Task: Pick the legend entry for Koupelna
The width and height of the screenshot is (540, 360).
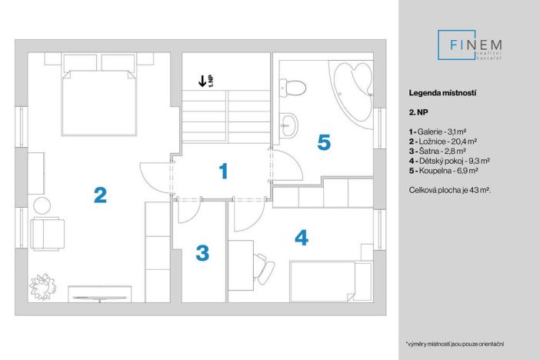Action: click(x=445, y=171)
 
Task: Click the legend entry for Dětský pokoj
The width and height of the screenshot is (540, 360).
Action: click(x=449, y=162)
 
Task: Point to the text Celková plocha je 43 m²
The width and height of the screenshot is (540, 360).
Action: click(x=450, y=188)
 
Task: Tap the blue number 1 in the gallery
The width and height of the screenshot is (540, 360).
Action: click(x=222, y=172)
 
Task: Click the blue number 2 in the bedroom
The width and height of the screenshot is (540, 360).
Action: click(x=99, y=195)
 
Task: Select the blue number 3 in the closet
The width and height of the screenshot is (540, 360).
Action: click(x=202, y=252)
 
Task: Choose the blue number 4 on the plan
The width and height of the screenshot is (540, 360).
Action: click(x=302, y=238)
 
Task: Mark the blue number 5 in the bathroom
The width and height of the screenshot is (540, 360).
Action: click(x=324, y=142)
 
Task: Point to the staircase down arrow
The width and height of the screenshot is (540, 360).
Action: click(x=202, y=80)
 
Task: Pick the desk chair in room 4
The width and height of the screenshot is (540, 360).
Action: click(x=264, y=267)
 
